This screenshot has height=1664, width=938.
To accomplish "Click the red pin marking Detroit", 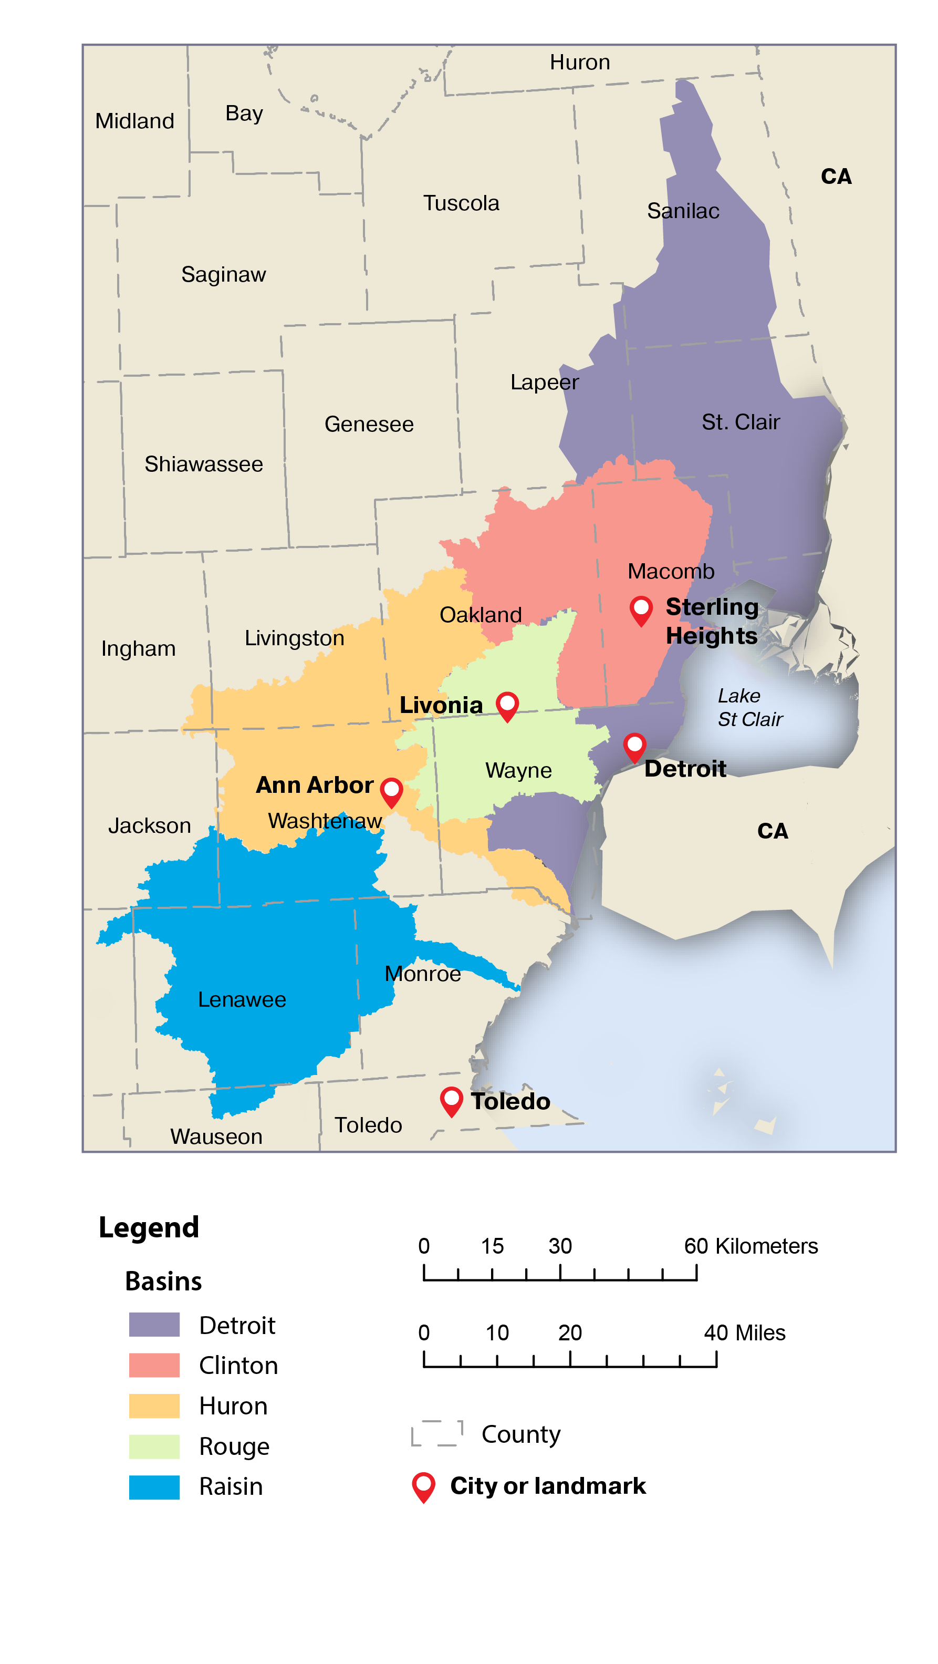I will coord(634,747).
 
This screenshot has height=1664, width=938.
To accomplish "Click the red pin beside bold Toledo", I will coord(451,1100).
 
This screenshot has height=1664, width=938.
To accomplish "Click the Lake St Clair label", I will coord(749,707).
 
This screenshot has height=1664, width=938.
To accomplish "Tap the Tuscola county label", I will coord(461,203).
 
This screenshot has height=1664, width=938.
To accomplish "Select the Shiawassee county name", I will coord(203,464).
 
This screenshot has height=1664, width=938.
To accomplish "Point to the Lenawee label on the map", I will coord(242,999).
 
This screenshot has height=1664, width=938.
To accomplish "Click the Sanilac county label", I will coord(682,211).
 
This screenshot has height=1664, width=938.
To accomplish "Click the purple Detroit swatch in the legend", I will coord(154,1324).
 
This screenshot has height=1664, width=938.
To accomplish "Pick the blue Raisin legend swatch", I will coord(154,1486).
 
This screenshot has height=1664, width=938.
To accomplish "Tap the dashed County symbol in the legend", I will coord(437,1433).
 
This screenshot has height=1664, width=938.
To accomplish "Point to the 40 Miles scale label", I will coord(744,1332).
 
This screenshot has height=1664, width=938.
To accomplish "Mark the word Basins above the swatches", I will coord(163,1281).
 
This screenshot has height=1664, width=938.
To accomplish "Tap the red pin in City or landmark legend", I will coord(423,1486).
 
